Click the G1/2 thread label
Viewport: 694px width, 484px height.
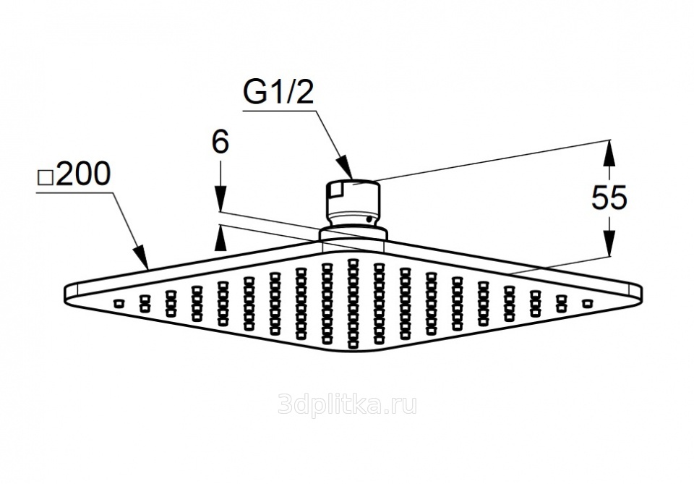(278, 94)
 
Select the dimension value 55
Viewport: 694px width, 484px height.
(609, 198)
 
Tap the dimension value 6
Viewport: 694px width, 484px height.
(220, 143)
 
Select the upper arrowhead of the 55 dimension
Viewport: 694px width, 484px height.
(609, 150)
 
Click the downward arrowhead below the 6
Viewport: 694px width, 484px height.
(220, 200)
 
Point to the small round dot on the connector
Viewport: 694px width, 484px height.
(369, 218)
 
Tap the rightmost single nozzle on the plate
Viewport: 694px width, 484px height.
(587, 302)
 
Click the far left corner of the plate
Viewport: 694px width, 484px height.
(67, 291)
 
